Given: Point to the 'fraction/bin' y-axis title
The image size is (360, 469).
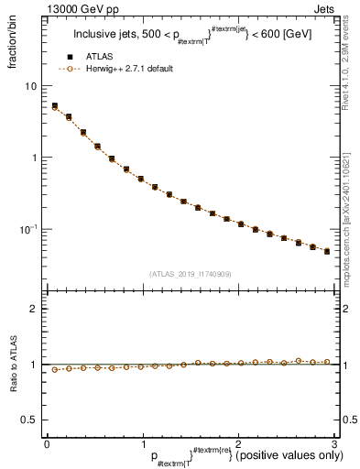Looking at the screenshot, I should pyautogui.click(x=12, y=46).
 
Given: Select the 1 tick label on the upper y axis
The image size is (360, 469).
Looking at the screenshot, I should pyautogui.click(x=33, y=157).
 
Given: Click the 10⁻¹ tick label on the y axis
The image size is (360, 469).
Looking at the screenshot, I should pyautogui.click(x=27, y=228).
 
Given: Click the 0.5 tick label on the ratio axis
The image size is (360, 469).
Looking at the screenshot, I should pyautogui.click(x=28, y=420).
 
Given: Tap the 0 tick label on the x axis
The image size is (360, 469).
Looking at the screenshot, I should pyautogui.click(x=47, y=444).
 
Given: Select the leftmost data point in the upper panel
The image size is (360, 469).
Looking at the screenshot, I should pyautogui.click(x=54, y=106).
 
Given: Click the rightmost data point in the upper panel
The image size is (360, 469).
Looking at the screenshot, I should pyautogui.click(x=327, y=251).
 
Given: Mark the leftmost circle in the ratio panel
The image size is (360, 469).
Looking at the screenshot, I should pyautogui.click(x=54, y=370).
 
